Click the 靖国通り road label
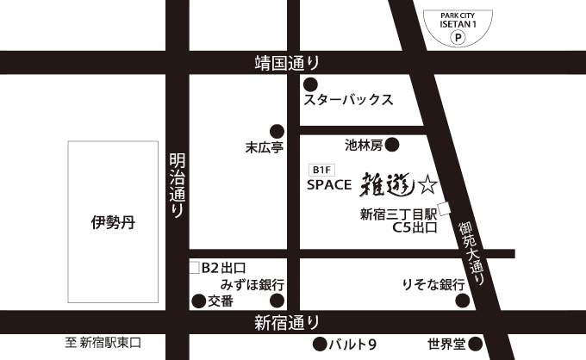click(x=287, y=62)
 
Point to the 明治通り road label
click(x=177, y=185)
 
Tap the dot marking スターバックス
click(x=309, y=84)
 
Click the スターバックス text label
click(x=349, y=100)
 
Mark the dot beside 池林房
click(x=391, y=144)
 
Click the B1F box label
click(x=321, y=169)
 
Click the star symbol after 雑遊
click(x=427, y=183)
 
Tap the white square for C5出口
click(x=445, y=208)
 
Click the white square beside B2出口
click(x=194, y=268)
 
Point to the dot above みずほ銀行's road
click(x=277, y=301)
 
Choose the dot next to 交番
click(x=197, y=301)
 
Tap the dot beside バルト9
click(x=320, y=345)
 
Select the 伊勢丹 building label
click(x=113, y=221)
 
